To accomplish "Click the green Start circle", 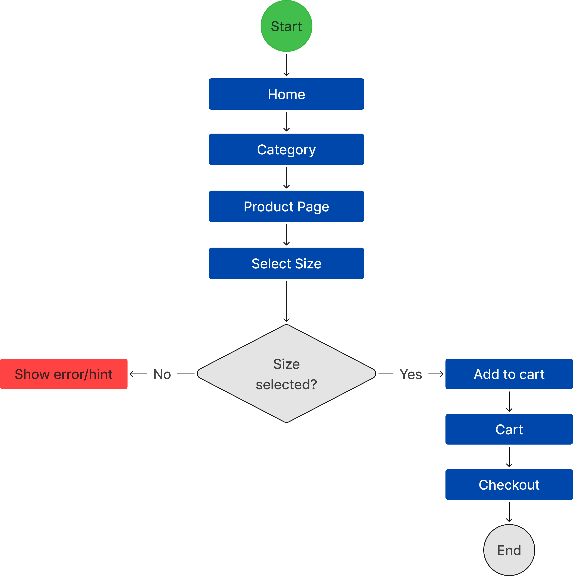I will pyautogui.click(x=286, y=26).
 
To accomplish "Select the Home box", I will pyautogui.click(x=286, y=94).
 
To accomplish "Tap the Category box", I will pyautogui.click(x=286, y=149).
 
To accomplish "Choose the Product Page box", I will pyautogui.click(x=286, y=206).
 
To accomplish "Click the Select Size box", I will pyautogui.click(x=286, y=263).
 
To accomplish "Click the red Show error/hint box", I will pyautogui.click(x=64, y=374).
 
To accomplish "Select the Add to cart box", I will pyautogui.click(x=509, y=374).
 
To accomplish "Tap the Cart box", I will pyautogui.click(x=509, y=429).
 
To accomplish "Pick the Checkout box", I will pyautogui.click(x=509, y=485).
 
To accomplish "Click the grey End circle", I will pyautogui.click(x=509, y=550).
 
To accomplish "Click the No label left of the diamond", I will pyautogui.click(x=162, y=374).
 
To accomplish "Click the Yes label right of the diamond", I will pyautogui.click(x=411, y=374).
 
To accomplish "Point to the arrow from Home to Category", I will pyautogui.click(x=286, y=122).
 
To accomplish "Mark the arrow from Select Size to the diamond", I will pyautogui.click(x=286, y=301).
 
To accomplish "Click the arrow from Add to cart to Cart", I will pyautogui.click(x=509, y=402).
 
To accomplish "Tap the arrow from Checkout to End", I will pyautogui.click(x=509, y=512).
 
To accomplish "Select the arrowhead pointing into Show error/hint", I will pyautogui.click(x=131, y=374).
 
